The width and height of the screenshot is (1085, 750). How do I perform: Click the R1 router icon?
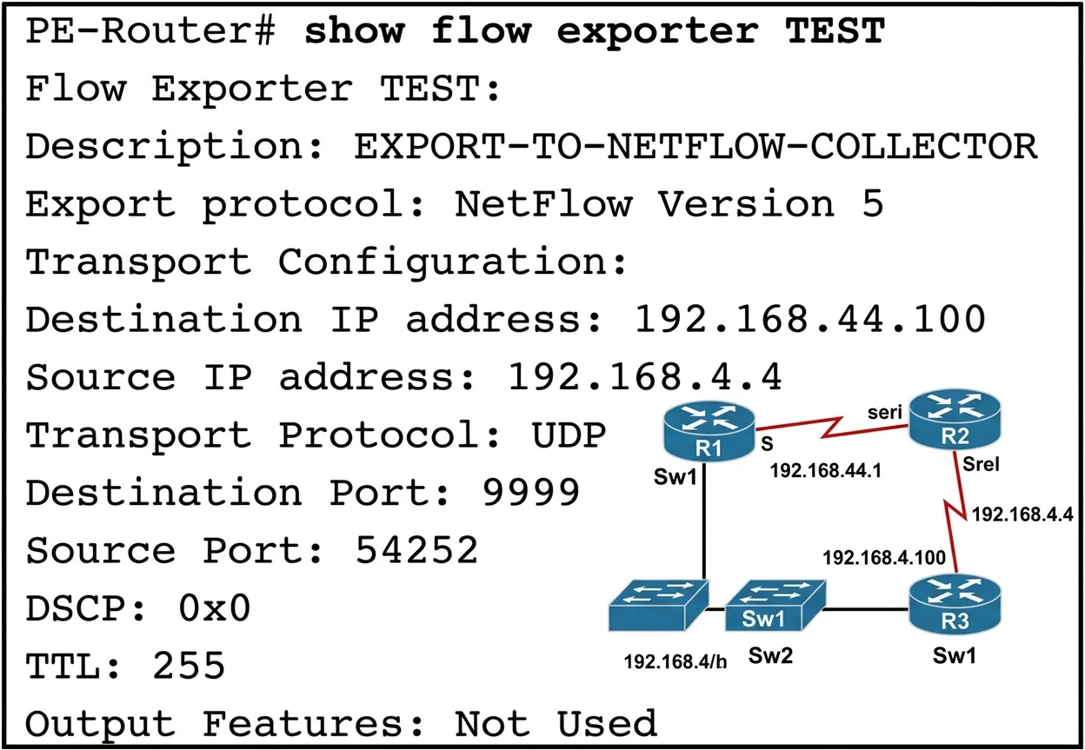[x=709, y=431]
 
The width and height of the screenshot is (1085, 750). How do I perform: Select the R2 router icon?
[x=955, y=419]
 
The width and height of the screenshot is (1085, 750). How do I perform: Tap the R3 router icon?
[x=955, y=604]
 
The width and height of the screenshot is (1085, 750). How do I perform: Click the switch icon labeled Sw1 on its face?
[x=775, y=606]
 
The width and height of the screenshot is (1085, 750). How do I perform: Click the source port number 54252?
[x=416, y=550]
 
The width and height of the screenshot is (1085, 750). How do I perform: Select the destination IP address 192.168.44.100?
[x=810, y=319]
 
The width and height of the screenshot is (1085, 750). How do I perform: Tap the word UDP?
[x=569, y=435]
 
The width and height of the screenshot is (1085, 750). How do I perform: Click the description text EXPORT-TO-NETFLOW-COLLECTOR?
[x=696, y=146]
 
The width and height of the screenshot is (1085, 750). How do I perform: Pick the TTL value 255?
[x=189, y=666]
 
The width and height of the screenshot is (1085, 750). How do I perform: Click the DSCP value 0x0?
[x=215, y=607]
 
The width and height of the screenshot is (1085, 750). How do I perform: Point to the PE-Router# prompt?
[x=150, y=30]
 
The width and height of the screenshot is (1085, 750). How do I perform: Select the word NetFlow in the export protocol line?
[x=543, y=203]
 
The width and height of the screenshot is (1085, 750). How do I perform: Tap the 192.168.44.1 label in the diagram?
[x=825, y=471]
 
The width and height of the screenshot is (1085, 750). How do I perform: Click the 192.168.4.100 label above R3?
[x=884, y=557]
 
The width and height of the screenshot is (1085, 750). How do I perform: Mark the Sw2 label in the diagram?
[x=770, y=655]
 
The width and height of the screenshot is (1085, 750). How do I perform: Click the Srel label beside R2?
[x=981, y=464]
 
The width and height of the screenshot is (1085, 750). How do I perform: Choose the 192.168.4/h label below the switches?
[x=676, y=661]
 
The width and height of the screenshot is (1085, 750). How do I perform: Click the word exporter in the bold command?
[x=657, y=31]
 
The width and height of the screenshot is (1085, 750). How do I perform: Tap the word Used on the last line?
[x=607, y=723]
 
